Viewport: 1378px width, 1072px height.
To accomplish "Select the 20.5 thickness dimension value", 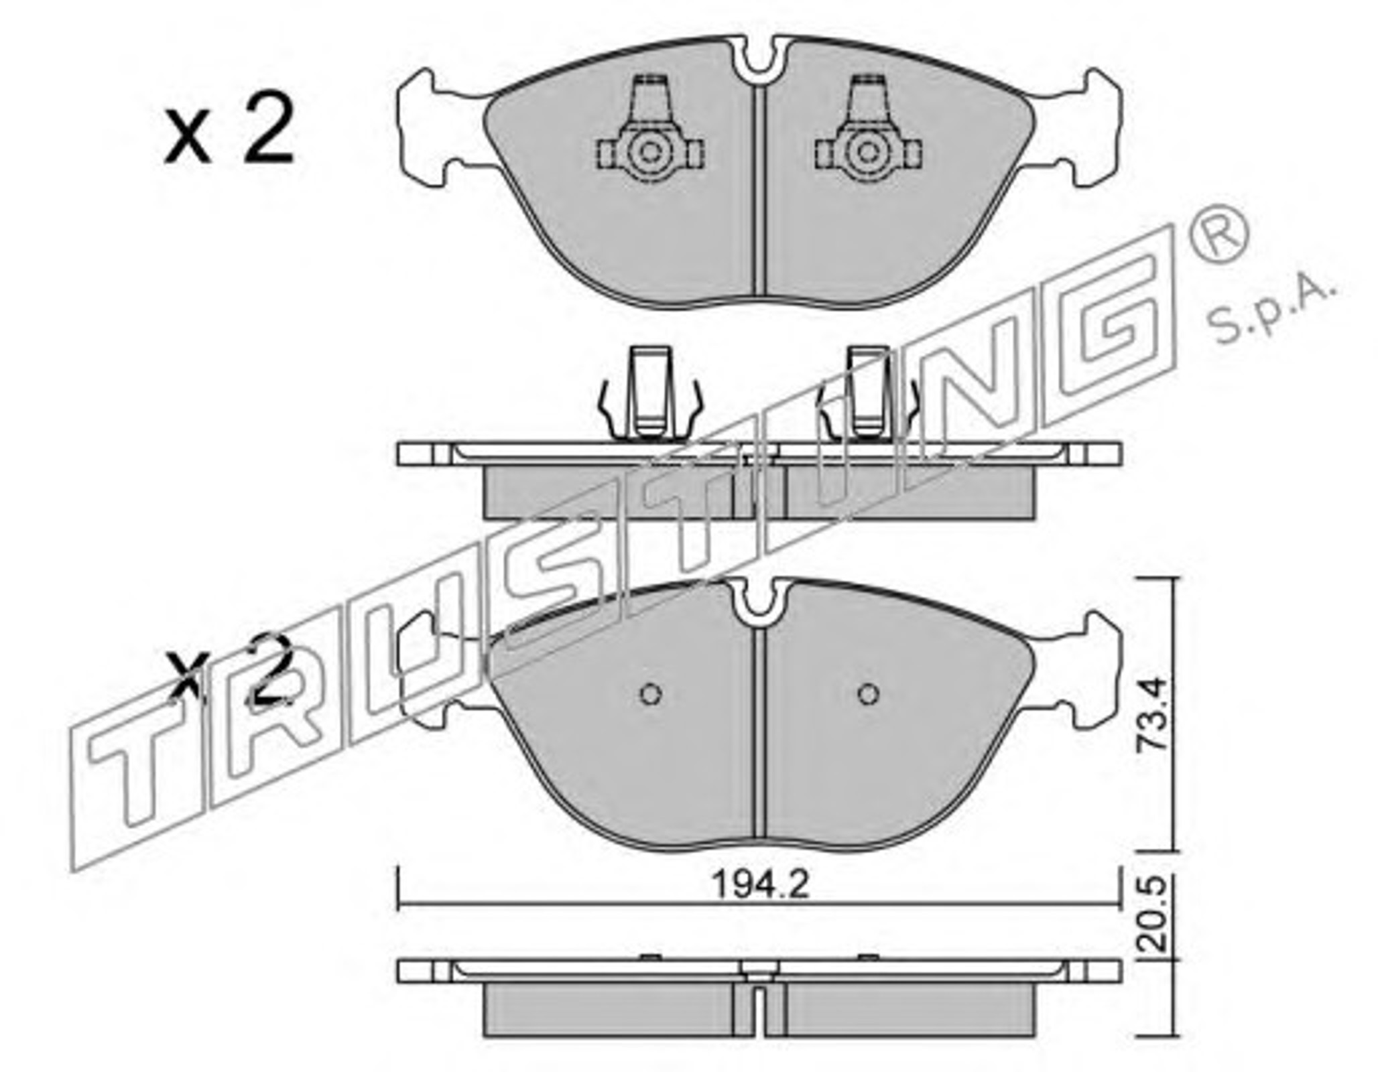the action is click(1155, 915).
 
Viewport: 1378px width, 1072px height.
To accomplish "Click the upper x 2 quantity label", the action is click(229, 129).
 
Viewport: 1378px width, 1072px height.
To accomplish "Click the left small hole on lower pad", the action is click(651, 694).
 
